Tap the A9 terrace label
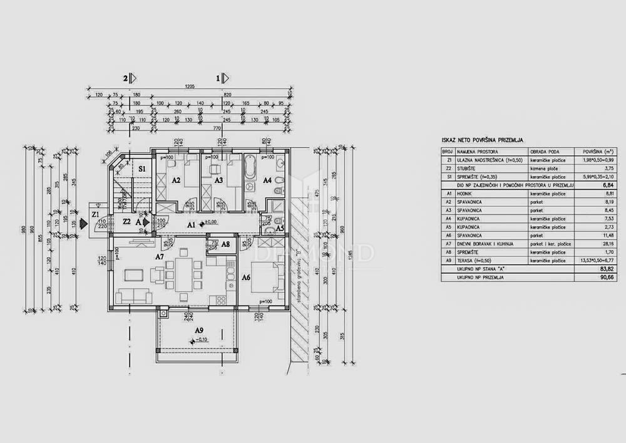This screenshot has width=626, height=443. tap(199, 330)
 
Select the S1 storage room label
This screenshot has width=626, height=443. tap(142, 169)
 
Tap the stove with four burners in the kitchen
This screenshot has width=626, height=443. tap(221, 300)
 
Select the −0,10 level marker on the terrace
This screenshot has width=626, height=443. tap(200, 340)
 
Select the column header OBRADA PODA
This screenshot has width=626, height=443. tap(543, 152)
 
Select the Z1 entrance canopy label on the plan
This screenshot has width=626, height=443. tap(95, 215)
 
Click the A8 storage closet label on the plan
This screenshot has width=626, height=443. tap(225, 244)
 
